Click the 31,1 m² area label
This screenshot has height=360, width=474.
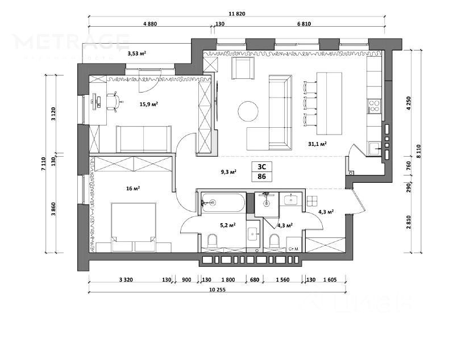pyautogui.click(x=317, y=144)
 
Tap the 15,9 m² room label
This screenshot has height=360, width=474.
pyautogui.click(x=149, y=104)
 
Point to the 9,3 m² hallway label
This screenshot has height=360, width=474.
pyautogui.click(x=228, y=171)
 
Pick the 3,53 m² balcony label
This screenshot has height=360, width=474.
pyautogui.click(x=136, y=53)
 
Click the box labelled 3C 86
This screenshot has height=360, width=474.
pyautogui.click(x=262, y=171)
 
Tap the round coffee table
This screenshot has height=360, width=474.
pyautogui.click(x=248, y=111)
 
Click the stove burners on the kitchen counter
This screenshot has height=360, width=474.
pyautogui.click(x=374, y=105)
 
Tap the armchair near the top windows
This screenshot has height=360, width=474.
pyautogui.click(x=243, y=68)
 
